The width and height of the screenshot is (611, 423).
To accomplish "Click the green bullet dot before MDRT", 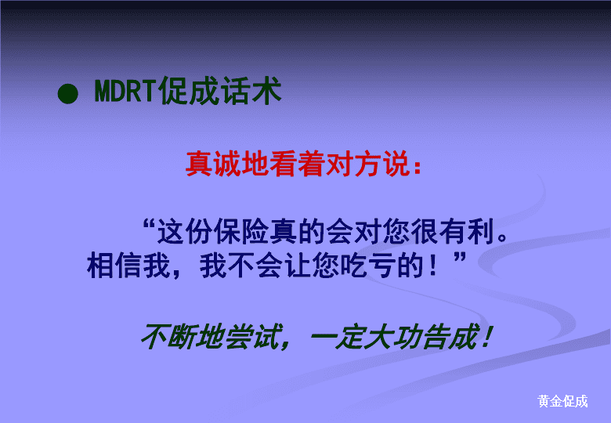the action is [x=68, y=94].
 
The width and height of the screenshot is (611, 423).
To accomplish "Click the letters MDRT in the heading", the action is [x=126, y=91].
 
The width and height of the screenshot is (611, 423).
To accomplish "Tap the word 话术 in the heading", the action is [x=251, y=91].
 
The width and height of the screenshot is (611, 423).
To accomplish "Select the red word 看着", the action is [x=298, y=164].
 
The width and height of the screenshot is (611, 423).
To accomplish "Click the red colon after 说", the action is [x=418, y=167].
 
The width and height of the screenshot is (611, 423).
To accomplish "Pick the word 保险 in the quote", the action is [x=227, y=231].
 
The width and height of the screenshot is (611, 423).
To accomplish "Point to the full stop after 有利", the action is [x=503, y=237].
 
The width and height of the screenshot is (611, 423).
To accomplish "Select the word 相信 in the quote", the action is [x=114, y=266].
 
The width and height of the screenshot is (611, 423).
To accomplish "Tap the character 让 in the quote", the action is [x=298, y=266].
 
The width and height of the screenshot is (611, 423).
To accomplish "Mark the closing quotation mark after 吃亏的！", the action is [x=460, y=258].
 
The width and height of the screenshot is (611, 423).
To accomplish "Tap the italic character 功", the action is [x=408, y=337].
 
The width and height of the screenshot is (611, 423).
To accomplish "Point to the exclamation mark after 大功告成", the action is [x=486, y=338].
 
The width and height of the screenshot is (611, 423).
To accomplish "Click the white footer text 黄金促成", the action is [x=562, y=401].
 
